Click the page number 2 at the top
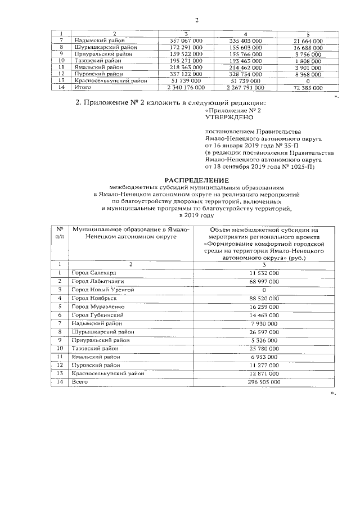pos(197,21)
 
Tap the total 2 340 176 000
pos(186,88)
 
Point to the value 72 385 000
pos(308,88)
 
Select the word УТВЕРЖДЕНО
pos(226,118)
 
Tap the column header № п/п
pos(59,233)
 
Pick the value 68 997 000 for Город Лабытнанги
pos(264,281)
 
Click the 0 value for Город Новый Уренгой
pos(264,289)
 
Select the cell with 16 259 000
pos(264,307)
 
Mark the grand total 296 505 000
pos(264,382)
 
